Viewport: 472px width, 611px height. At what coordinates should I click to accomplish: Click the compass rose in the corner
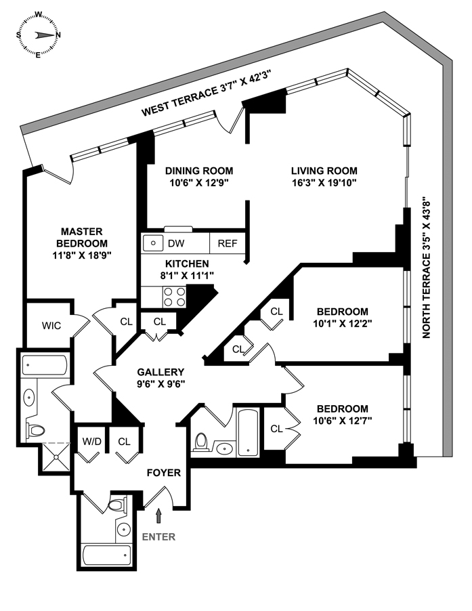click(39, 34)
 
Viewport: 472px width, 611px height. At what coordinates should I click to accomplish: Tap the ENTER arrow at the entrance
click(159, 516)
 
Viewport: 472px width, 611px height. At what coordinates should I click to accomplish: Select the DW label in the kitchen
click(177, 243)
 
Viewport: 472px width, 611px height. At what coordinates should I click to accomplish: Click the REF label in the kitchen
click(227, 243)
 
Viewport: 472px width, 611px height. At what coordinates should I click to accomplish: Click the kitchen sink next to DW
click(154, 243)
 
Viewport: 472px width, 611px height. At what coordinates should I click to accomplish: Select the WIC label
click(51, 325)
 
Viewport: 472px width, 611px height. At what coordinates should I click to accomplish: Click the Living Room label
click(324, 171)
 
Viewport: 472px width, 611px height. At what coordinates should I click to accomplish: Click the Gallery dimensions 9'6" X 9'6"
click(160, 383)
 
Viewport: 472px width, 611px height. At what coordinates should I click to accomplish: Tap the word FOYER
click(164, 472)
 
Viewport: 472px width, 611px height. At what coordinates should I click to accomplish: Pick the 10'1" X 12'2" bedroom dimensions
click(342, 323)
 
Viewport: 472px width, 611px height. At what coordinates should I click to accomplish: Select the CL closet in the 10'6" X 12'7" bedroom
click(276, 428)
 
